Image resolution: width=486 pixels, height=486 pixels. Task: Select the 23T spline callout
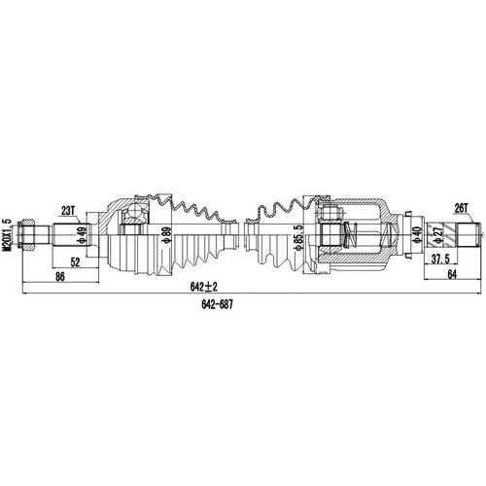68,211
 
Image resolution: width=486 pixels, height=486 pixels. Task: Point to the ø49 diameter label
83,235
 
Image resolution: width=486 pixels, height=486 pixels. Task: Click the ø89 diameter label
167,235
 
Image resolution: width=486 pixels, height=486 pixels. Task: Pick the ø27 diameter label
438,235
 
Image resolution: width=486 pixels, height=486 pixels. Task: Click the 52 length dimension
74,260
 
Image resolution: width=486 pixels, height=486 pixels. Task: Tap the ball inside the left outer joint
133,216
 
